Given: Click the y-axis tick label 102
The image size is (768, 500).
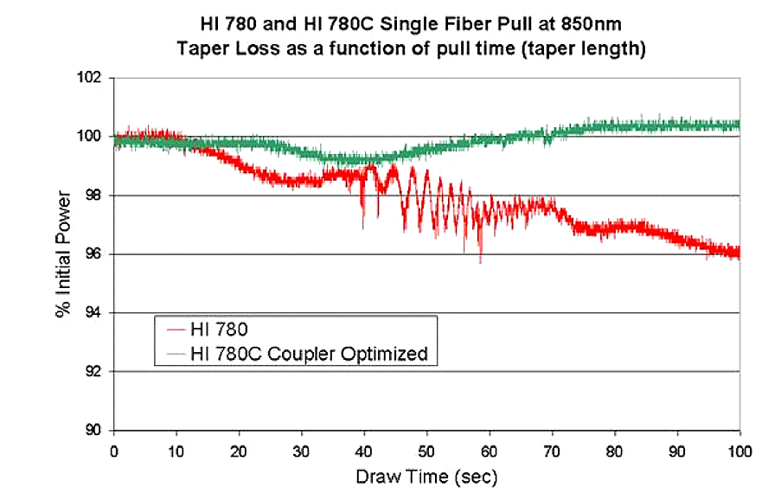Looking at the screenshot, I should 91,78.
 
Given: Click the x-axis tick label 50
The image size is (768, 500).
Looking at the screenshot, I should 427,450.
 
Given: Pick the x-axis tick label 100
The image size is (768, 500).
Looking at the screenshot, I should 739,450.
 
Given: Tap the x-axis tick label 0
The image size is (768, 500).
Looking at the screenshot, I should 114,450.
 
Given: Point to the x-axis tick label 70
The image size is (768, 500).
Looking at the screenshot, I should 553,450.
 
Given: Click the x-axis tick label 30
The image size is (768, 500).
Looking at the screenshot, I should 302,450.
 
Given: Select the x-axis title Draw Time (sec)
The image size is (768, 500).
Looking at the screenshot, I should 426,476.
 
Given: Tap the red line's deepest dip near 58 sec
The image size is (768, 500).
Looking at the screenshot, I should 480,262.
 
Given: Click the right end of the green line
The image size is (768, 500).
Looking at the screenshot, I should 739,125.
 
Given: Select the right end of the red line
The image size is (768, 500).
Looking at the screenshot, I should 739,253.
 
